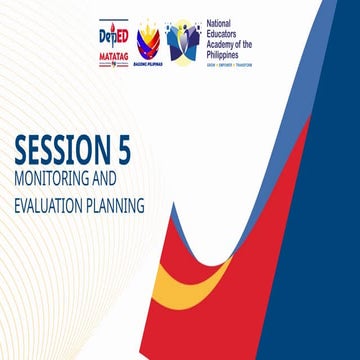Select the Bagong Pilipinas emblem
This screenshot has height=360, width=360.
point(147,37)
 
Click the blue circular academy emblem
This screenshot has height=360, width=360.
point(182,39)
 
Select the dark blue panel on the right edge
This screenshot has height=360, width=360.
point(340,250)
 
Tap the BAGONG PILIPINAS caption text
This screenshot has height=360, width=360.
point(147,60)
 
